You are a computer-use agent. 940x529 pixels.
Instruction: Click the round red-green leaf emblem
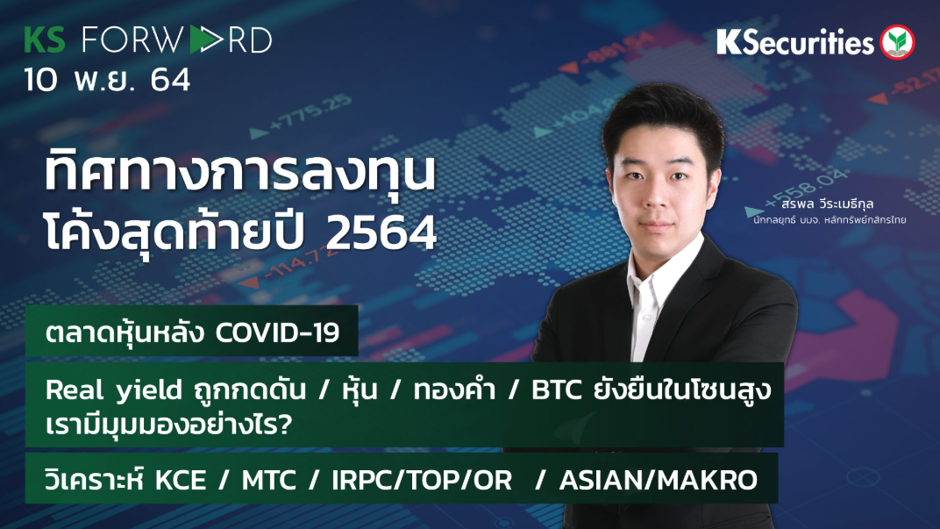[898, 41]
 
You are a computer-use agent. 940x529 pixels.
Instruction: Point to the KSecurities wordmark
[794, 42]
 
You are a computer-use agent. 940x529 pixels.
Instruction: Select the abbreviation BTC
[556, 391]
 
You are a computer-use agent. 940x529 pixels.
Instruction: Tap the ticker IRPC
[367, 481]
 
